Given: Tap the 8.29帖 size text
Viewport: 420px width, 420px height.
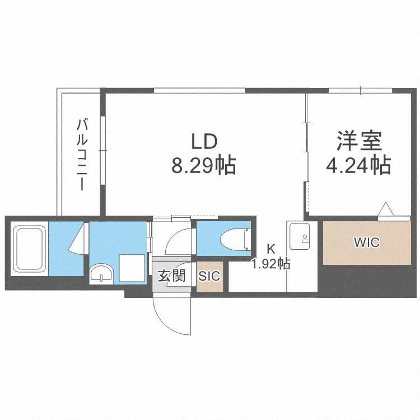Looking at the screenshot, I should (x=204, y=166).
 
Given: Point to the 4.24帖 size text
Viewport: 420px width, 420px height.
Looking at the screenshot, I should (x=359, y=166).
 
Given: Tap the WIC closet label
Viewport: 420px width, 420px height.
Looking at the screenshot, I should (x=366, y=243).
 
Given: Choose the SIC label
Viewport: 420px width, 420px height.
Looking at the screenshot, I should (x=210, y=276).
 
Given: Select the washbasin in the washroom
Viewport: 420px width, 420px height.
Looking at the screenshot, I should (x=101, y=274).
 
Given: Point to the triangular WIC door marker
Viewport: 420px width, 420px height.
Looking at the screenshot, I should (x=387, y=209).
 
